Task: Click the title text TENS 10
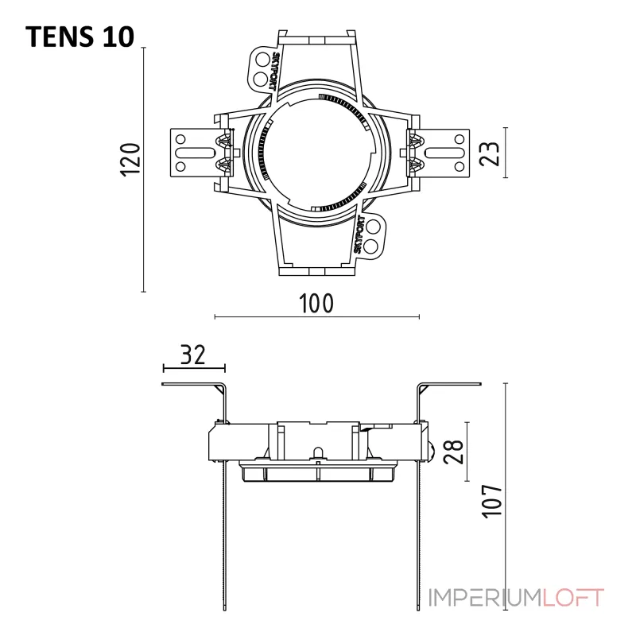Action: [80, 37]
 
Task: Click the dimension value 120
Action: [131, 159]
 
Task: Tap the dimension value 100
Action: [316, 303]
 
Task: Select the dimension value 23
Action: [489, 153]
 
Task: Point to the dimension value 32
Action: [193, 354]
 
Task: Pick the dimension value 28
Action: [453, 451]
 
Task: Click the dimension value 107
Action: [492, 501]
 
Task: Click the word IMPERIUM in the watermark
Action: [486, 598]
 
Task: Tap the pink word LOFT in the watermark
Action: [573, 598]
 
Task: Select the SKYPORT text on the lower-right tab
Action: [359, 235]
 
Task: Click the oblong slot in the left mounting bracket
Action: [195, 153]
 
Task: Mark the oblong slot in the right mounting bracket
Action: [444, 153]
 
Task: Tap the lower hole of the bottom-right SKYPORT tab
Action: [371, 245]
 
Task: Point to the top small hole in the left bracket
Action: [180, 139]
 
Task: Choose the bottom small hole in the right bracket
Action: [460, 166]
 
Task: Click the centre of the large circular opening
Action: [317, 153]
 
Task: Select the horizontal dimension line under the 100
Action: [316, 316]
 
